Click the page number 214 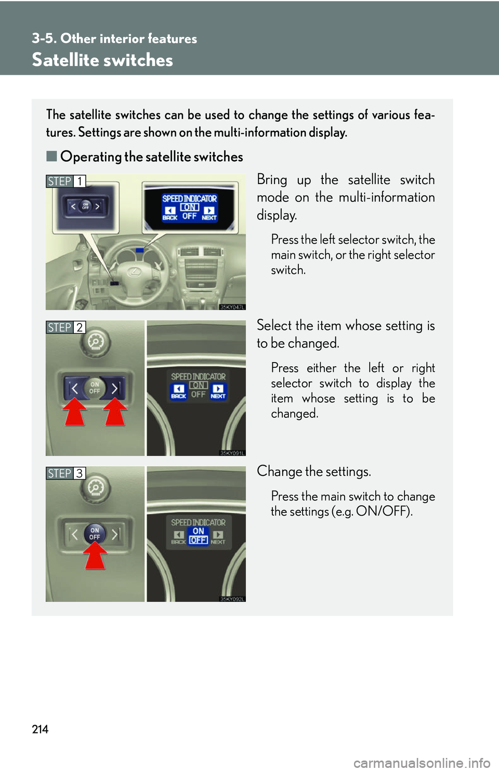[40, 729]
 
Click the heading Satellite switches [102, 60]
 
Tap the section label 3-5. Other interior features [114, 38]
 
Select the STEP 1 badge [65, 181]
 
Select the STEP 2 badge [65, 327]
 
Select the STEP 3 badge [65, 473]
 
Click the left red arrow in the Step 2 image [75, 411]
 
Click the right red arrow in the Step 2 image [115, 411]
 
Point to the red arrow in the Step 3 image [95, 556]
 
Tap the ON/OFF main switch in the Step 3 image [95, 533]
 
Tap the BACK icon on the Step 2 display [178, 391]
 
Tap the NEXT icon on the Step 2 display [218, 391]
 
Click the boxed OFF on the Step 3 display [198, 541]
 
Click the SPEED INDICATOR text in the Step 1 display [189, 198]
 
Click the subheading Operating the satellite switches [151, 157]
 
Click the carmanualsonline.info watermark [422, 763]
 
